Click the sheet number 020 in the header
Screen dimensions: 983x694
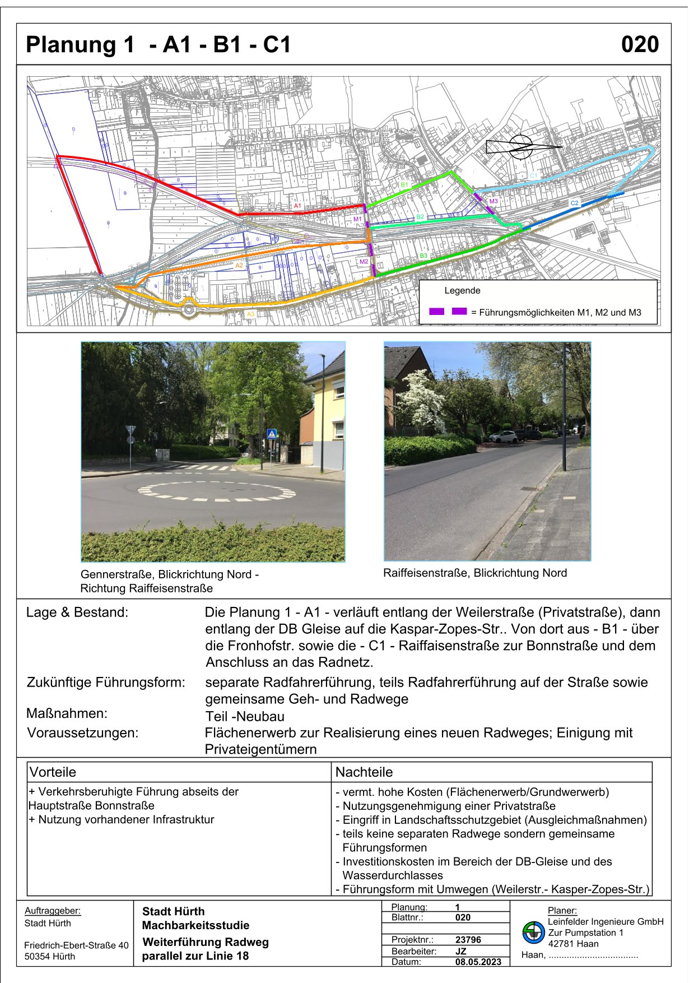click(640, 45)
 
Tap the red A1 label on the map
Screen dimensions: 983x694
click(297, 206)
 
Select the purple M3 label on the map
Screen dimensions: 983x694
click(493, 201)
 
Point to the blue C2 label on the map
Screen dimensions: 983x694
click(574, 203)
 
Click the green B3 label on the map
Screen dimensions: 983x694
click(423, 256)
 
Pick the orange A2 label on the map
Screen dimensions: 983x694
click(239, 266)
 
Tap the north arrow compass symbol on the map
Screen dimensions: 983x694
click(522, 147)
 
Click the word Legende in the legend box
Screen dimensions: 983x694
click(462, 290)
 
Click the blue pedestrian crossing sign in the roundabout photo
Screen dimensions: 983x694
click(272, 434)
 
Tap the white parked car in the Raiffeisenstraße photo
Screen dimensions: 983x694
click(502, 437)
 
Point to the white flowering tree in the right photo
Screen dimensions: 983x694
click(421, 401)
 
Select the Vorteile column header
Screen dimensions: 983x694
click(53, 772)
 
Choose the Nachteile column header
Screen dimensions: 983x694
click(364, 772)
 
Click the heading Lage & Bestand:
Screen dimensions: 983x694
click(77, 613)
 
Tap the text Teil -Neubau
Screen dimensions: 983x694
click(245, 716)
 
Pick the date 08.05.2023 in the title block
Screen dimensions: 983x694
click(478, 962)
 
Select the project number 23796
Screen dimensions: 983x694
click(468, 940)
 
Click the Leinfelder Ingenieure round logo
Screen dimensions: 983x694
click(533, 933)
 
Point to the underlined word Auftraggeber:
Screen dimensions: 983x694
click(53, 911)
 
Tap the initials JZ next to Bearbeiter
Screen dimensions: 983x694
click(461, 951)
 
